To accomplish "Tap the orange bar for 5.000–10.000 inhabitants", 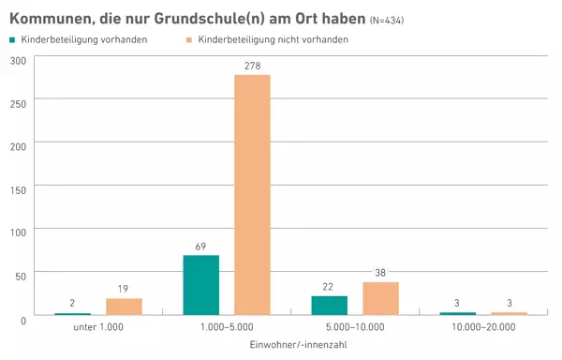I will [x=380, y=298].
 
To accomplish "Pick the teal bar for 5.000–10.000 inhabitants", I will [x=329, y=306].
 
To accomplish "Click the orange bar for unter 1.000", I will [x=124, y=307].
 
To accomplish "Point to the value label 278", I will [x=252, y=65].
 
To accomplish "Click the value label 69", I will [x=200, y=246].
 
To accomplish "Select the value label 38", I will [x=380, y=273].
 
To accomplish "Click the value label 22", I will [x=329, y=287].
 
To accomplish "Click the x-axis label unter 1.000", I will [x=97, y=328].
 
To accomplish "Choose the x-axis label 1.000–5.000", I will [x=226, y=328].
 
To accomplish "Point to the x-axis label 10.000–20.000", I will [x=482, y=328].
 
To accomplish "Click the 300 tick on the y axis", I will [x=19, y=60].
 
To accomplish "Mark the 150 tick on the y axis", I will [x=19, y=187].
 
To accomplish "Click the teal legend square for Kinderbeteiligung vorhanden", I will [x=12, y=39].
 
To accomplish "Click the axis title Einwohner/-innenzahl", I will [x=290, y=346].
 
